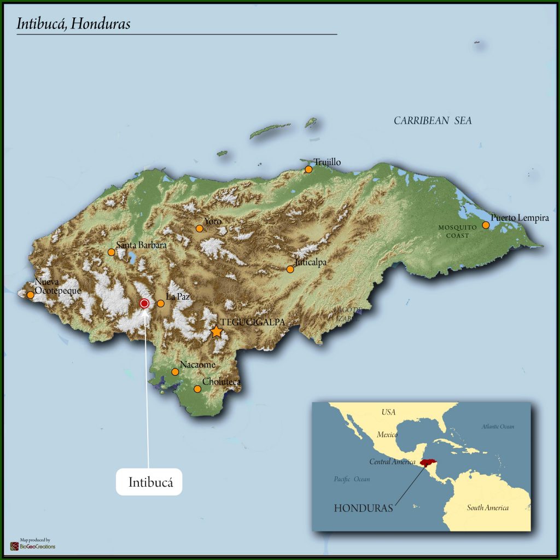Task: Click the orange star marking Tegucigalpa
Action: pyautogui.click(x=217, y=331)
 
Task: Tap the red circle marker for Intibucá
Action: pyautogui.click(x=144, y=304)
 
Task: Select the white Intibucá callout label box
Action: pyautogui.click(x=149, y=482)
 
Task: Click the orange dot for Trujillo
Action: pyautogui.click(x=308, y=170)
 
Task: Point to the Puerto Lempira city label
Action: pyautogui.click(x=520, y=218)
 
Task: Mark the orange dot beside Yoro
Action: pyautogui.click(x=200, y=229)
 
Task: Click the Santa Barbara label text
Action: pyautogui.click(x=141, y=246)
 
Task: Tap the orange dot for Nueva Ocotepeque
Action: pyautogui.click(x=31, y=295)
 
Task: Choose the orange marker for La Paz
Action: pyautogui.click(x=161, y=304)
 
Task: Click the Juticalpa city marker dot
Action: pyautogui.click(x=290, y=269)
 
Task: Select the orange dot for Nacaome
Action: pyautogui.click(x=175, y=372)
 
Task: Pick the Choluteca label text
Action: pyautogui.click(x=221, y=382)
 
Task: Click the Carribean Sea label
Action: pyautogui.click(x=433, y=121)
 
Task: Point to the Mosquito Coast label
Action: pyautogui.click(x=453, y=231)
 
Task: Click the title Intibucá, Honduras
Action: pyautogui.click(x=73, y=24)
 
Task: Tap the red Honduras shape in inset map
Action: pyautogui.click(x=430, y=463)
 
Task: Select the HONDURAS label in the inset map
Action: pyautogui.click(x=363, y=508)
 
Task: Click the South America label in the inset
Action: pyautogui.click(x=487, y=507)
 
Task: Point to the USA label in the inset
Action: pyautogui.click(x=388, y=412)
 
